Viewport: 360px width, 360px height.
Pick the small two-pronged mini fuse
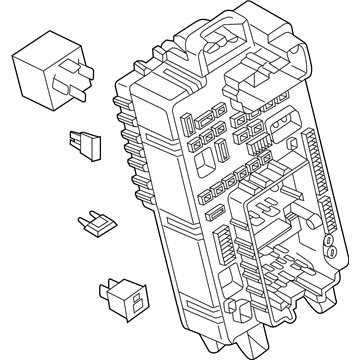(90, 226)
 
